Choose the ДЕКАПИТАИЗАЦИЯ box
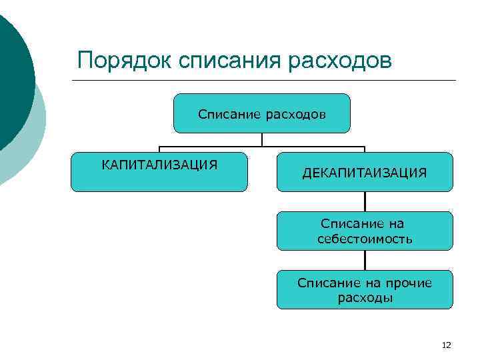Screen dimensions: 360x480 coord(365,172)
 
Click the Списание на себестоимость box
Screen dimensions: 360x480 coord(365,231)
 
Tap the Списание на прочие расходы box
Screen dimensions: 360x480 coord(365,290)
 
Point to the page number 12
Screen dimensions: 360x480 coord(447,345)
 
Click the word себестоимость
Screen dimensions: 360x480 coord(365,238)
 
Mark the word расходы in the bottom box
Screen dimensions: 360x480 coord(365,298)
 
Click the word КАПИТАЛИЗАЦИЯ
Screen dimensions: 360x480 coord(159,164)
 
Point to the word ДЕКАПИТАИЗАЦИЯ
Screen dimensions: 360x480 coord(365,173)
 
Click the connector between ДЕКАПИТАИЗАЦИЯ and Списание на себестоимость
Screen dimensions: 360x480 coord(365,201)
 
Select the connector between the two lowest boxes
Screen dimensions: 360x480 coord(365,260)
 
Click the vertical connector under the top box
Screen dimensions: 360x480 coord(262,140)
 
